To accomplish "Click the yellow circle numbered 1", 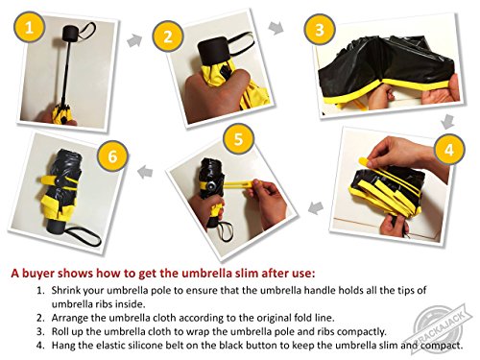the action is [29, 27].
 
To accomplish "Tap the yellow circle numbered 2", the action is [168, 36].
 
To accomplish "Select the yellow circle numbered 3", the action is [320, 30].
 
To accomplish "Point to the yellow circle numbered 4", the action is [449, 149].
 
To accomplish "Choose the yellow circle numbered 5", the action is [239, 139].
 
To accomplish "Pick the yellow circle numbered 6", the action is [112, 156].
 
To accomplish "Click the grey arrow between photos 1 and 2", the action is [134, 40].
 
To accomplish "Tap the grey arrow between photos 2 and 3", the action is [276, 28].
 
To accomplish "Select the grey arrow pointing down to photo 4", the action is [447, 122].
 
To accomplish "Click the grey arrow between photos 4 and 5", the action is [316, 207].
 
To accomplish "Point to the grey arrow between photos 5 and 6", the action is [145, 172].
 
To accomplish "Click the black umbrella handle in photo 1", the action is [70, 35].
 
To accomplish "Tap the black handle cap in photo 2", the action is [213, 51].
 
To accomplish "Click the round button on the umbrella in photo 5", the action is [211, 186].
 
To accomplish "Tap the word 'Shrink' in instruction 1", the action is [66, 290].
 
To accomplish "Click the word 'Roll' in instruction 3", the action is [60, 331].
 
